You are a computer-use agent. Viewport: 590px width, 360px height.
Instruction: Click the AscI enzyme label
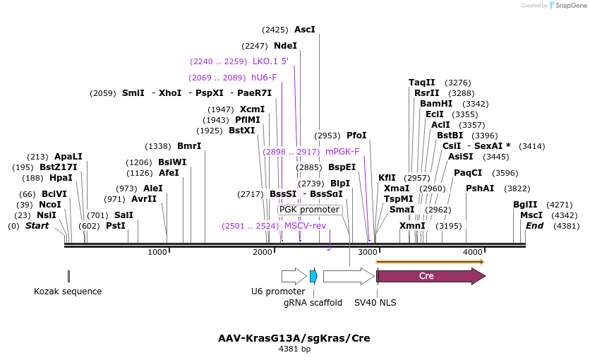point(304,30)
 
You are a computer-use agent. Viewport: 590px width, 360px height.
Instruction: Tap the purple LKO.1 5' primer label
point(270,61)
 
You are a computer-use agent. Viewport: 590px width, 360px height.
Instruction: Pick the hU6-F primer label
point(264,78)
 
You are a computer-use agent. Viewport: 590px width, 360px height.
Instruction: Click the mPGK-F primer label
point(342,151)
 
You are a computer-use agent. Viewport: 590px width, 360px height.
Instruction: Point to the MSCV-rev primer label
point(305,226)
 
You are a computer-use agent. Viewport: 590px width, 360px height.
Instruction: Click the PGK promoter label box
point(309,210)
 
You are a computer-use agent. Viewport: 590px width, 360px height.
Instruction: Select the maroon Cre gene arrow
point(431,276)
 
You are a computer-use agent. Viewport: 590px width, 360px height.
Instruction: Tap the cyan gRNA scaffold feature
point(313,276)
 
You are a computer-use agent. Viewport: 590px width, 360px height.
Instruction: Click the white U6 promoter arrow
point(294,276)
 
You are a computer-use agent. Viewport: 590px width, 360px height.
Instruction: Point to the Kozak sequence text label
point(68,291)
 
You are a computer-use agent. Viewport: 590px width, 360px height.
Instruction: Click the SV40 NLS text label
point(375,303)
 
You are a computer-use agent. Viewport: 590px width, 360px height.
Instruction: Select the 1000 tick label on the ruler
point(157,253)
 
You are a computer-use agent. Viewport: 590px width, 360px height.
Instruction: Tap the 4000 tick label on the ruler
point(472,253)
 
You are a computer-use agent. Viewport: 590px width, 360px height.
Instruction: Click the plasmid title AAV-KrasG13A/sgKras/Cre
point(294,338)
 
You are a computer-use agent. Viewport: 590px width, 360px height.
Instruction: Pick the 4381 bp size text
point(294,349)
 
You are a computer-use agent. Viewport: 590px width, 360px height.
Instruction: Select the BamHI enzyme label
point(436,103)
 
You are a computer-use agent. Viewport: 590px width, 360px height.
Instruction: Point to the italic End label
point(534,226)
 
